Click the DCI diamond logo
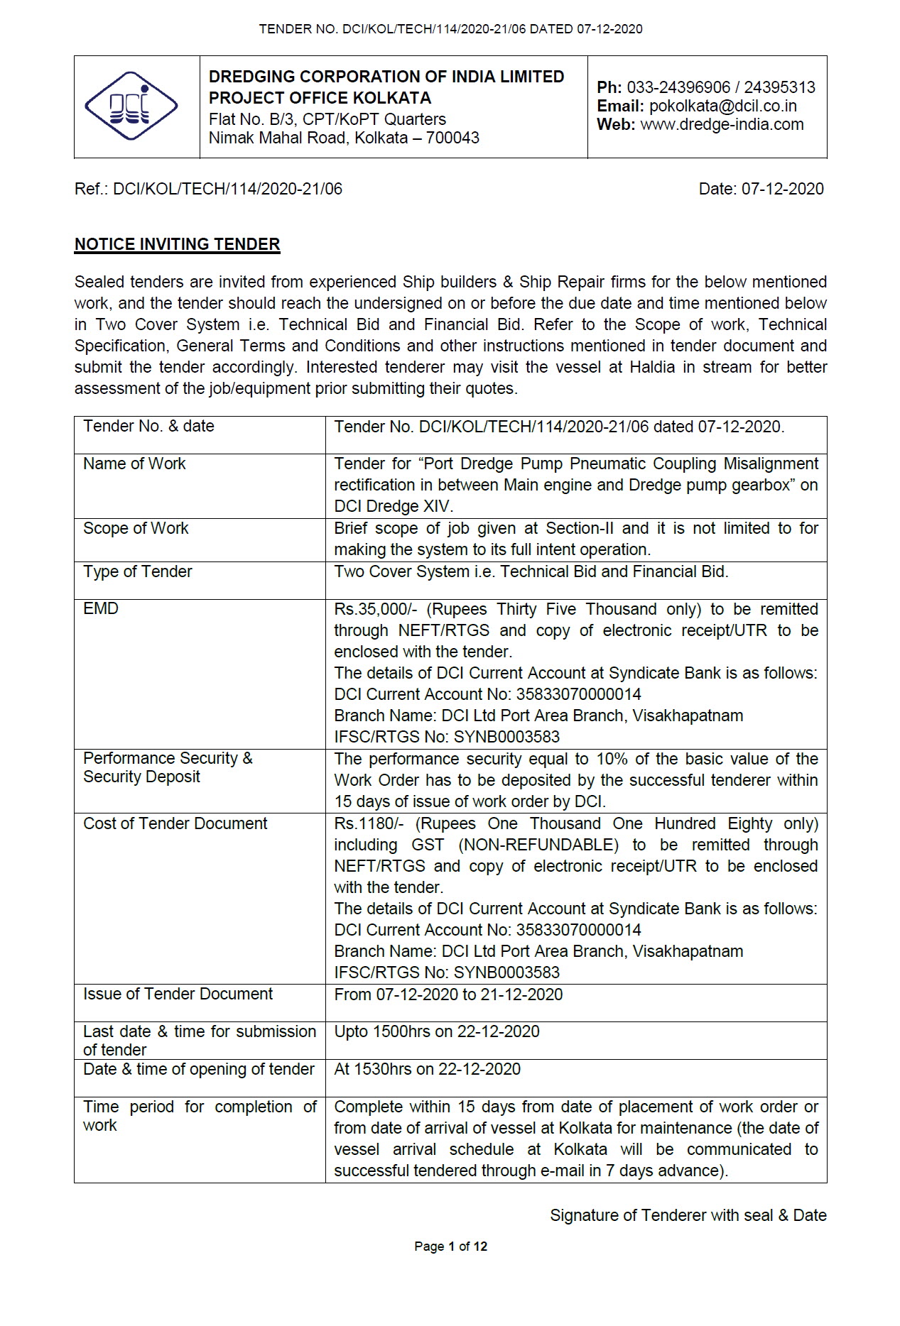[131, 107]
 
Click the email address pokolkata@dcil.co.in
[722, 106]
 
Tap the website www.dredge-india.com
[722, 125]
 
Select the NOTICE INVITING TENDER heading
[177, 245]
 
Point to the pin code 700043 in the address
[452, 138]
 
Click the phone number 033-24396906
[678, 88]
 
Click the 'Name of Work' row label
[134, 464]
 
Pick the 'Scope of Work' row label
[136, 529]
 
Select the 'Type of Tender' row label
[137, 572]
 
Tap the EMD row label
[101, 609]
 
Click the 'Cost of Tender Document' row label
[175, 824]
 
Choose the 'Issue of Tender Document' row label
[178, 994]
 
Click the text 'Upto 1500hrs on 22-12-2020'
[436, 1032]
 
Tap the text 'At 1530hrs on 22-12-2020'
[427, 1070]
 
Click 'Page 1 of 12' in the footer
[450, 1246]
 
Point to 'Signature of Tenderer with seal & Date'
[688, 1216]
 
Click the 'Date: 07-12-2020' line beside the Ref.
[761, 190]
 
